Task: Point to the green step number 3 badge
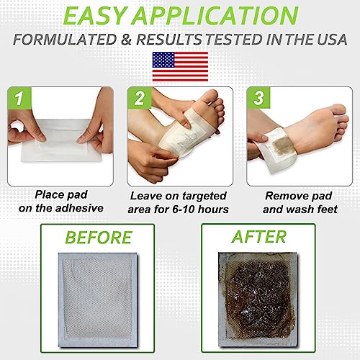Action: point(255,96)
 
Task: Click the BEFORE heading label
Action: point(99,238)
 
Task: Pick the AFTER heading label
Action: point(260,238)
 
